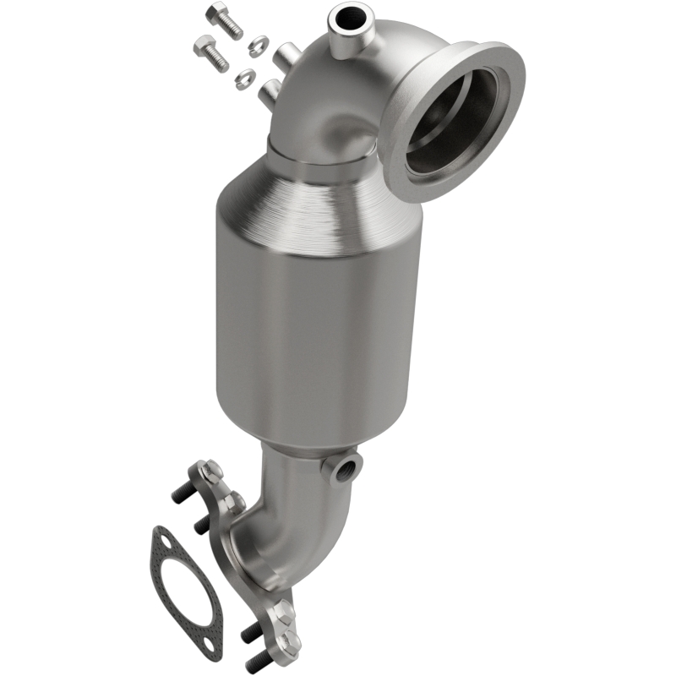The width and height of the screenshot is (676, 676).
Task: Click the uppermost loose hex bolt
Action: [x=223, y=19]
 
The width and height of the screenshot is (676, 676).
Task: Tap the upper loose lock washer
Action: [x=258, y=41]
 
